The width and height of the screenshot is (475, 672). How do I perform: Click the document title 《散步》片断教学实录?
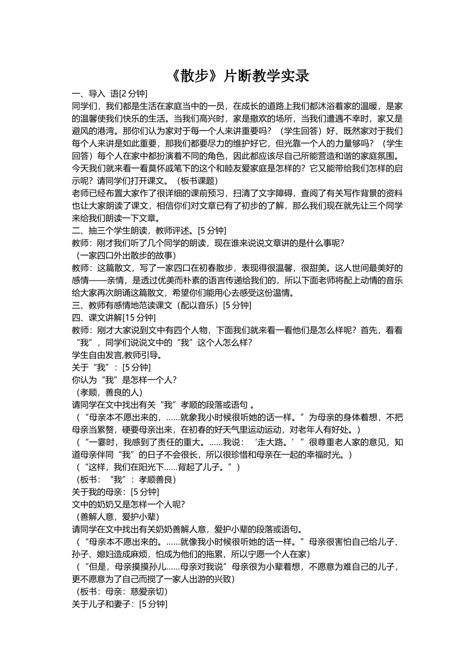(x=237, y=76)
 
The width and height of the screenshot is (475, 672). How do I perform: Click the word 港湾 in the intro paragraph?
(x=103, y=131)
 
